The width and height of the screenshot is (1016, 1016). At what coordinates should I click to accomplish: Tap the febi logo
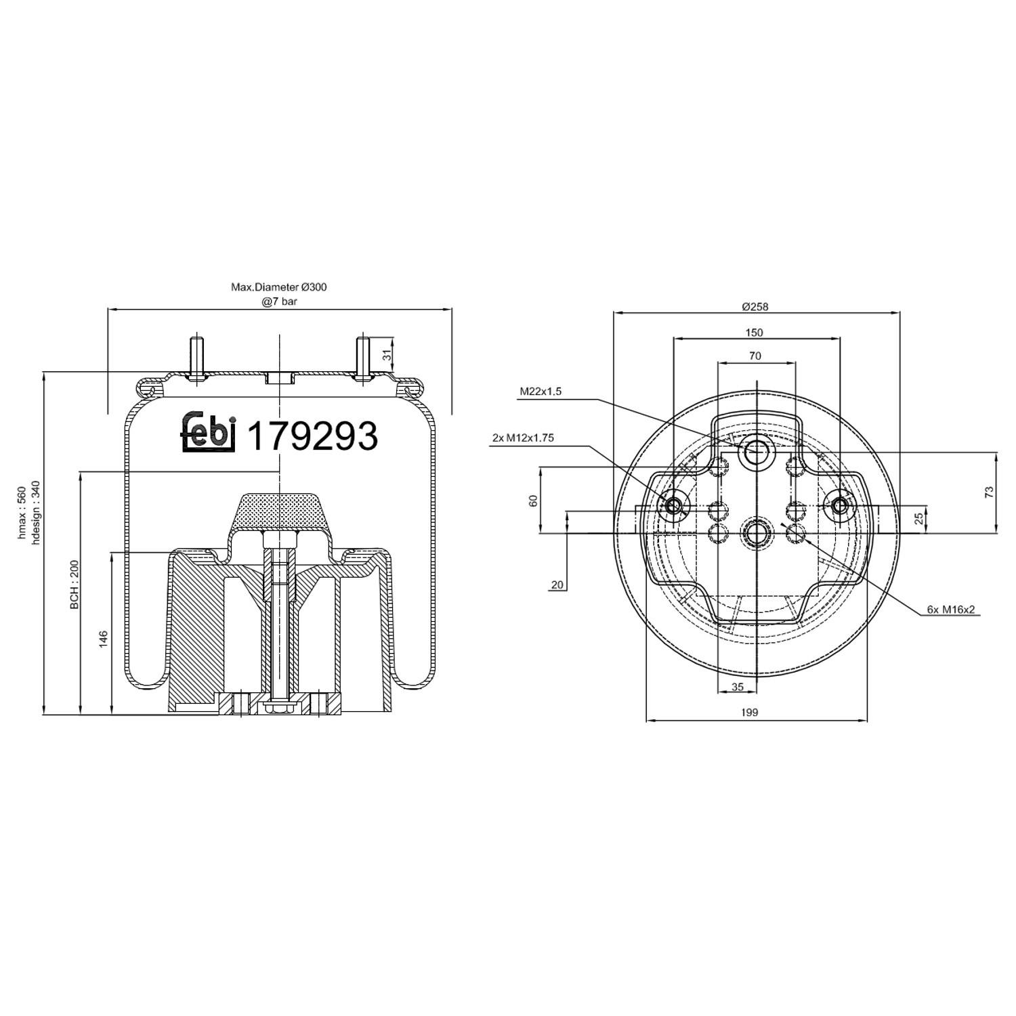click(208, 431)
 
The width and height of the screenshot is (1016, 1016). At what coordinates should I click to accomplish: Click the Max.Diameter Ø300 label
click(278, 287)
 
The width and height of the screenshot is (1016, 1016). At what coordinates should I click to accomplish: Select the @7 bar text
click(279, 301)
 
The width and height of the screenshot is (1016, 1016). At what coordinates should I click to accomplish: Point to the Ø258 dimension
click(755, 306)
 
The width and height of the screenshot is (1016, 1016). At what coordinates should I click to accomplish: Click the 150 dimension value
click(754, 333)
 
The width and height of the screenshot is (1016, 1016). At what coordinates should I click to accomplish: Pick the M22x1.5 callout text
click(541, 391)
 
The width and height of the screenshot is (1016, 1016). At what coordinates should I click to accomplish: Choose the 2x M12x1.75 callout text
click(523, 438)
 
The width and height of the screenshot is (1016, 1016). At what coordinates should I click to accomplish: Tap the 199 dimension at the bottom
click(750, 712)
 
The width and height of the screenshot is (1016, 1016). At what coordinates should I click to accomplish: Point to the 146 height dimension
click(104, 639)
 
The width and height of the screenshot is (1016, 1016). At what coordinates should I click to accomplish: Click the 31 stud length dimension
click(387, 355)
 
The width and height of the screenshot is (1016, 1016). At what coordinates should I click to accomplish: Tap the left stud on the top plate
click(196, 357)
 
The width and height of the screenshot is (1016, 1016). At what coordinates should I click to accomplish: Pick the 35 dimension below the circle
click(738, 687)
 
